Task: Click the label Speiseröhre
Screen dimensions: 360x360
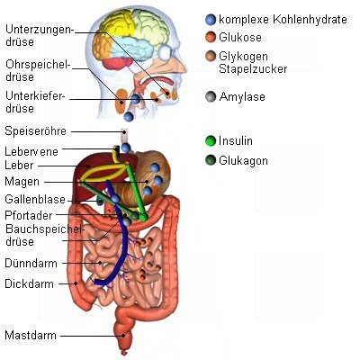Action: pyautogui.click(x=35, y=131)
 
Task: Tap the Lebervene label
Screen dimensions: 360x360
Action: pyautogui.click(x=31, y=151)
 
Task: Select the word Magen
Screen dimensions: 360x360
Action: pyautogui.click(x=22, y=182)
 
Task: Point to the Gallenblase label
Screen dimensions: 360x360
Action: pyautogui.click(x=35, y=199)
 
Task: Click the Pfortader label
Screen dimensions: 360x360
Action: pyautogui.click(x=29, y=215)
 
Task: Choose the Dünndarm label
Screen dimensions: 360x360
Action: pyautogui.click(x=31, y=264)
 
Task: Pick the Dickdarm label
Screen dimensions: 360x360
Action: pyautogui.click(x=29, y=283)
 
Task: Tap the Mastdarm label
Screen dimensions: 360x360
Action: pyautogui.click(x=31, y=335)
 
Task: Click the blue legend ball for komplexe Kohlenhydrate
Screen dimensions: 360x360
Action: pyautogui.click(x=211, y=20)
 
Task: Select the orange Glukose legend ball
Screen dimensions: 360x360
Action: pyautogui.click(x=211, y=37)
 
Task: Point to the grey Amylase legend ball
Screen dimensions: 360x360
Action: pyautogui.click(x=211, y=97)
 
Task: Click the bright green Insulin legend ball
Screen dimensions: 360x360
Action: pyautogui.click(x=211, y=141)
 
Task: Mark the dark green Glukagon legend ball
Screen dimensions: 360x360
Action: pyautogui.click(x=211, y=160)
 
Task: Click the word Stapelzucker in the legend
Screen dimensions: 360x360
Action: pyautogui.click(x=253, y=69)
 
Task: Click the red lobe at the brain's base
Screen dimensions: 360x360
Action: pyautogui.click(x=118, y=63)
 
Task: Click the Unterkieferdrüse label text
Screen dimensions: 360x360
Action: pyautogui.click(x=35, y=103)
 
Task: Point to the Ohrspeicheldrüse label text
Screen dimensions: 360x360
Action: pyautogui.click(x=38, y=71)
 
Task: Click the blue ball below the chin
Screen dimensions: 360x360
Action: pyautogui.click(x=129, y=116)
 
